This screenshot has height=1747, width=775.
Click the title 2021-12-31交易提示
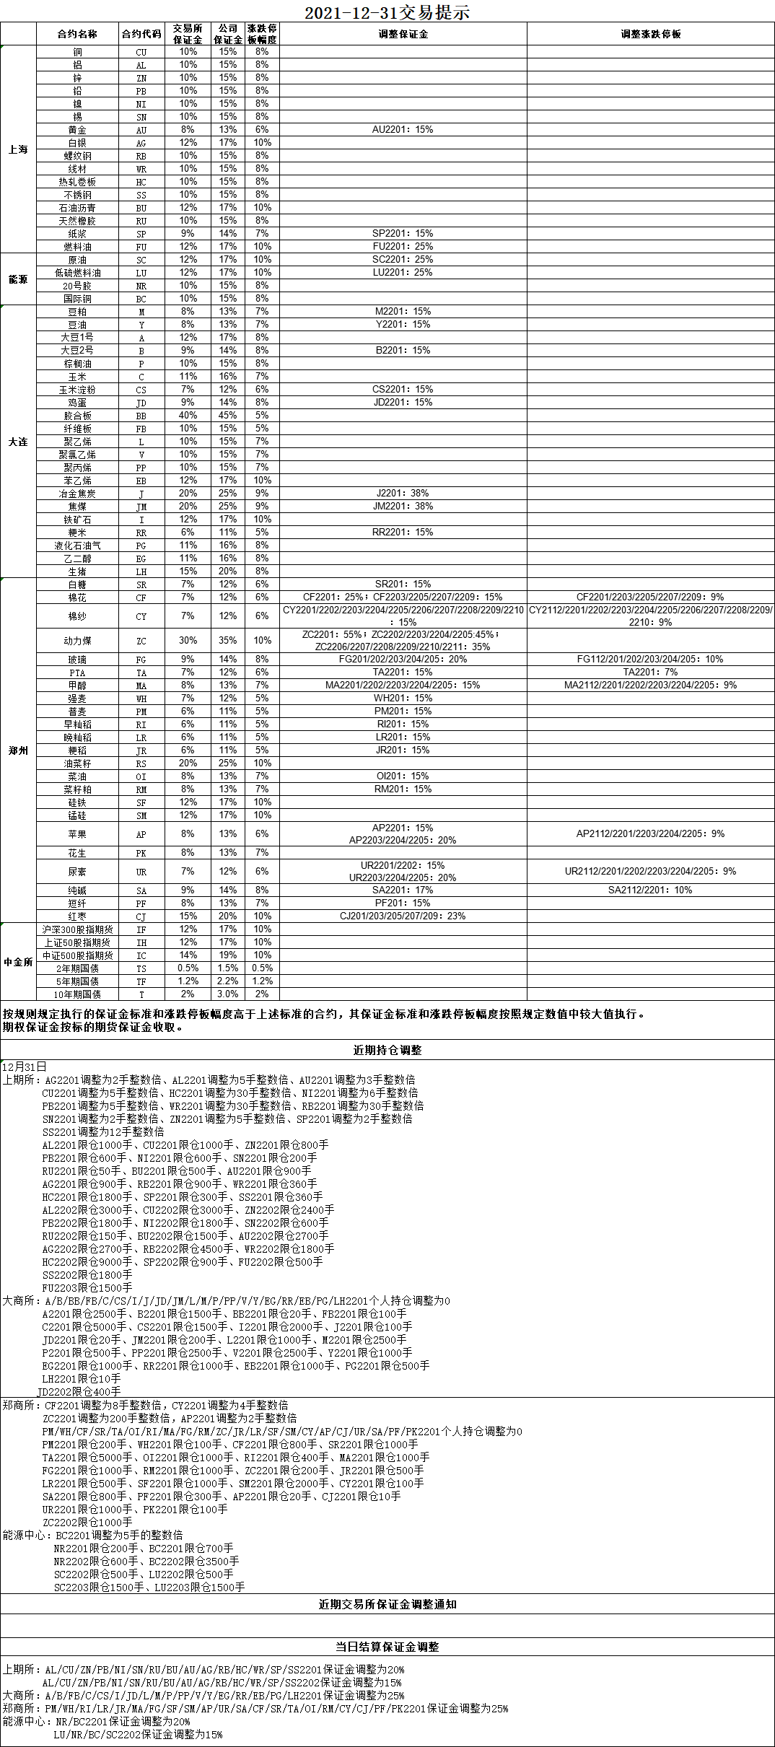pyautogui.click(x=387, y=12)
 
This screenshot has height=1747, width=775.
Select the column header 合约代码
pyautogui.click(x=141, y=34)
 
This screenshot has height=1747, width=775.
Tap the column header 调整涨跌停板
pyautogui.click(x=650, y=34)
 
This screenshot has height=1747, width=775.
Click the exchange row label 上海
pyautogui.click(x=18, y=149)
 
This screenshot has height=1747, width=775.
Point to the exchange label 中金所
pyautogui.click(x=18, y=962)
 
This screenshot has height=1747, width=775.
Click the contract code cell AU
pyautogui.click(x=141, y=130)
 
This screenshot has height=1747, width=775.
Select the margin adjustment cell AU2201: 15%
pyautogui.click(x=403, y=130)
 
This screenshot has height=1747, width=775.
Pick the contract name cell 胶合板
pyautogui.click(x=77, y=416)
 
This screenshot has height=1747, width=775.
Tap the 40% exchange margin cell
pyautogui.click(x=188, y=416)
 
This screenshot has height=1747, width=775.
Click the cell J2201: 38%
pyautogui.click(x=403, y=494)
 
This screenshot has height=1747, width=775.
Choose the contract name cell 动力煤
pyautogui.click(x=77, y=641)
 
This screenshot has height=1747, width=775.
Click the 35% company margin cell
pyautogui.click(x=227, y=641)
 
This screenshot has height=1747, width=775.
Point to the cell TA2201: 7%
pyautogui.click(x=650, y=673)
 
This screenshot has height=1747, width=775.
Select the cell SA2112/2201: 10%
pyautogui.click(x=650, y=890)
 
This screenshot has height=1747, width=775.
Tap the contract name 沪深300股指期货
pyautogui.click(x=77, y=929)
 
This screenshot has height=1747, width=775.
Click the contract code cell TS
pyautogui.click(x=141, y=968)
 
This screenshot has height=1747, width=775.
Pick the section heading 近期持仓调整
pyautogui.click(x=387, y=1051)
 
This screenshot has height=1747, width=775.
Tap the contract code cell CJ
pyautogui.click(x=141, y=916)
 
